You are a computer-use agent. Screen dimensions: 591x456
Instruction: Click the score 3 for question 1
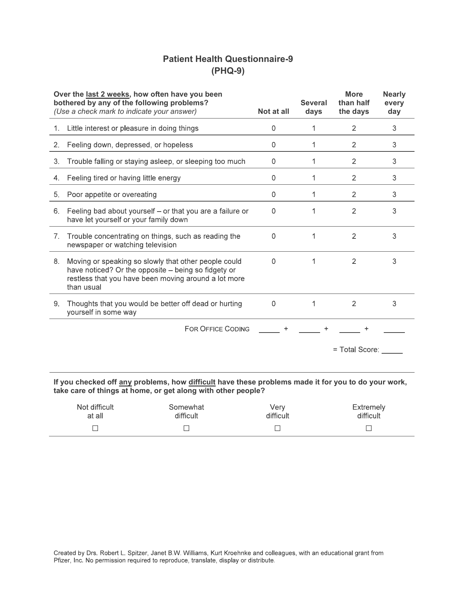[394, 128]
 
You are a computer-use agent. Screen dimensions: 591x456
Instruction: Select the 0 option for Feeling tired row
[274, 178]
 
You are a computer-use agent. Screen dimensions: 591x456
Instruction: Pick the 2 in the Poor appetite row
[354, 194]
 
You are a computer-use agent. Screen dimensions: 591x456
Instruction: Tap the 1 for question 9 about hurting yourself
[314, 304]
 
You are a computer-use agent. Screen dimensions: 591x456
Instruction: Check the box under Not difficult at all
[95, 428]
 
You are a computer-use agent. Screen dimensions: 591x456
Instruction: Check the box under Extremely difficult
[369, 428]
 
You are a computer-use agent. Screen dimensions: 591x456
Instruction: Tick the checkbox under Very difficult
[278, 428]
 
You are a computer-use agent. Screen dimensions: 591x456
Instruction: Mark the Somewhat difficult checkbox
[186, 428]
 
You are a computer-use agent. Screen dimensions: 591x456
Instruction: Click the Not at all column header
[273, 111]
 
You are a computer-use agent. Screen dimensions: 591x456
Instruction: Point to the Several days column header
[314, 107]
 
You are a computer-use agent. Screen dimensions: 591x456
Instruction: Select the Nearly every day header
[394, 103]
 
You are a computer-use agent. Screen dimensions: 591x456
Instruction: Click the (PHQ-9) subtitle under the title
[228, 71]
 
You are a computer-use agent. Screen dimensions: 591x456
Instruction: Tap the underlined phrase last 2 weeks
[107, 95]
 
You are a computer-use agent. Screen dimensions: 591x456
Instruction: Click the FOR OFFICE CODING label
[217, 329]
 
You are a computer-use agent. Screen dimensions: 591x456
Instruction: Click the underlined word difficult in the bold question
[202, 382]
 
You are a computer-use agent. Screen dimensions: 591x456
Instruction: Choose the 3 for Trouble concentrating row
[394, 236]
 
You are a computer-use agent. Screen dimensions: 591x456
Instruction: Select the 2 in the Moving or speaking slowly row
[354, 261]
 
